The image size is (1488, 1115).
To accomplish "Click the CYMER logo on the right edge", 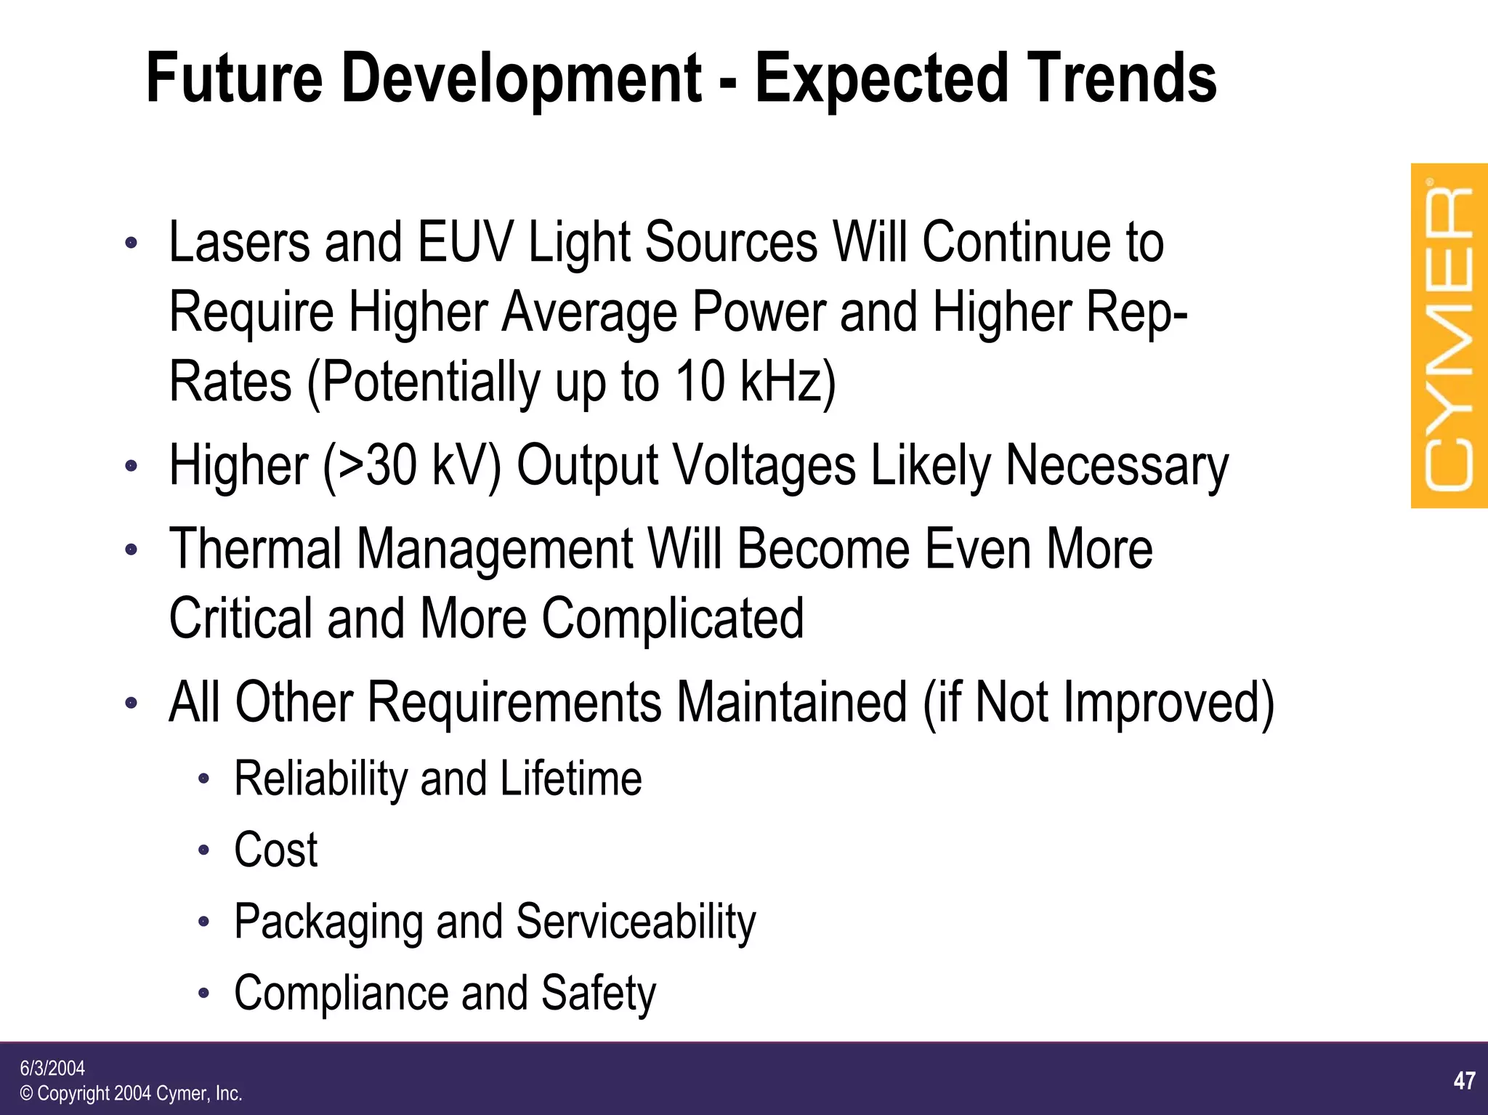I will pos(1449,336).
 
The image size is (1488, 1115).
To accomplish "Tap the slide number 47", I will pos(1464,1081).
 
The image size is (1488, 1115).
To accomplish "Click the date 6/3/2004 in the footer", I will pos(52,1068).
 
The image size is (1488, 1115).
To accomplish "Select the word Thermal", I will pos(255,548).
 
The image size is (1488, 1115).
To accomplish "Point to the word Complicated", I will pos(673,619).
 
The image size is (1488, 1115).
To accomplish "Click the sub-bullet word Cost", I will pos(275,850).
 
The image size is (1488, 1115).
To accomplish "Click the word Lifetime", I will pos(570,778).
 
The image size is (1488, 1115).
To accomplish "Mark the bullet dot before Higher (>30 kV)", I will pos(131,466).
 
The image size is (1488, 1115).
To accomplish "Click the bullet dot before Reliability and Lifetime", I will pos(204,780).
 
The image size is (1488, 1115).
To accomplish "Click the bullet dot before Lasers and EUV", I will pos(131,243).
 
